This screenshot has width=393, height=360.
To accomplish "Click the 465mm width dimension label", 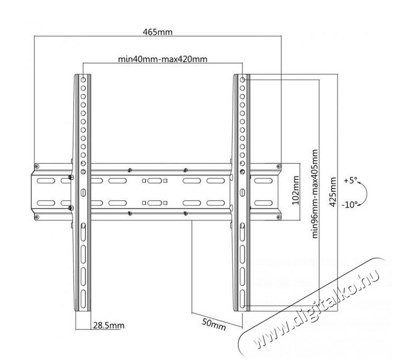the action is point(158,32).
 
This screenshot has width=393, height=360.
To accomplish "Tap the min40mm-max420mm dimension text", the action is point(163,59).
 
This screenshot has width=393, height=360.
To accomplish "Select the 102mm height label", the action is point(296,190).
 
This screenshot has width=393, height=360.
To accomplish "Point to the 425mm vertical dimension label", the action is point(333,192).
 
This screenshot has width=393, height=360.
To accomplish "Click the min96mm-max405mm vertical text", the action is point(315,193).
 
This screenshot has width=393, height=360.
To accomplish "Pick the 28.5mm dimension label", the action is point(109,326).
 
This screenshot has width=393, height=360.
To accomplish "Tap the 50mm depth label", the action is point(214,325).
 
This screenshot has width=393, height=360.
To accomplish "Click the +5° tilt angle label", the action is point(350,180).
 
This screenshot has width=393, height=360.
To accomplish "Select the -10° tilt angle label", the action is point(350,205).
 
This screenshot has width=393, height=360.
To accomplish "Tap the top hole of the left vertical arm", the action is point(83,80).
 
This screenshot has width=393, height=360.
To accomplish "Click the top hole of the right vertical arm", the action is point(242,80).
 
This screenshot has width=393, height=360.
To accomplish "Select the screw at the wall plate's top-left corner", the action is point(36,167).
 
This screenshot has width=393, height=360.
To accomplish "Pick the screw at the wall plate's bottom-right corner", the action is point(279,217).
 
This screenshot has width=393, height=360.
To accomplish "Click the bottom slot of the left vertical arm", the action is point(83,299).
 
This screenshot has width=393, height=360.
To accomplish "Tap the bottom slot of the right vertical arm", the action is point(242,299).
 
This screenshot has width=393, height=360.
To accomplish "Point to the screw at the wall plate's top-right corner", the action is point(279,167).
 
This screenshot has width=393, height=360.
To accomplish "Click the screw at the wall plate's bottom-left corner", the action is point(36,217).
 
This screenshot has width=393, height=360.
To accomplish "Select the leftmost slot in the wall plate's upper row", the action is point(45,181).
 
